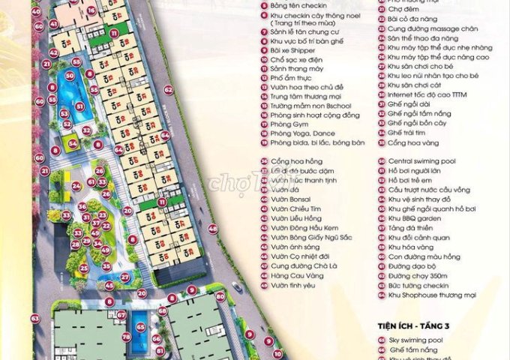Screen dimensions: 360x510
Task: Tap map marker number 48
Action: click(x=213, y=229)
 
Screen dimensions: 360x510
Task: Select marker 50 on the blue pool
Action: click(x=70, y=75)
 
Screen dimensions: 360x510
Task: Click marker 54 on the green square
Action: click(x=72, y=142)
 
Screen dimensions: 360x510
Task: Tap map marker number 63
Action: click(x=34, y=319)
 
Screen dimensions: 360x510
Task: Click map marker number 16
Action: click(x=91, y=10)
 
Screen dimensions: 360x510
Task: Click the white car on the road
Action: click(x=237, y=286)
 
